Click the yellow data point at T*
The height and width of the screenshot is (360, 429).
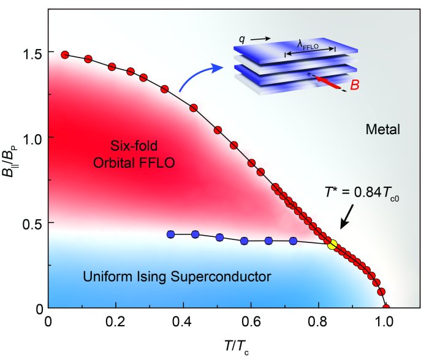(333, 245)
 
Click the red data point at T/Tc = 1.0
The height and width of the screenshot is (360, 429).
(385, 308)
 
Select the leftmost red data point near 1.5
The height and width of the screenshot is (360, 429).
(65, 54)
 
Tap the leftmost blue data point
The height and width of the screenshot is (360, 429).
(171, 234)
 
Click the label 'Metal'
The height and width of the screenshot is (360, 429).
(382, 129)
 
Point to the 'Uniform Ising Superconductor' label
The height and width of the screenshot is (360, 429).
(177, 277)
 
